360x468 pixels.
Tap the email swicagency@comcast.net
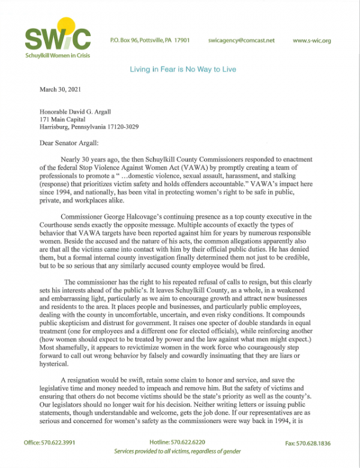[241, 40]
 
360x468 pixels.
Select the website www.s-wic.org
[312, 40]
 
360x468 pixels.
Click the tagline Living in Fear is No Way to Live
[182, 70]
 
